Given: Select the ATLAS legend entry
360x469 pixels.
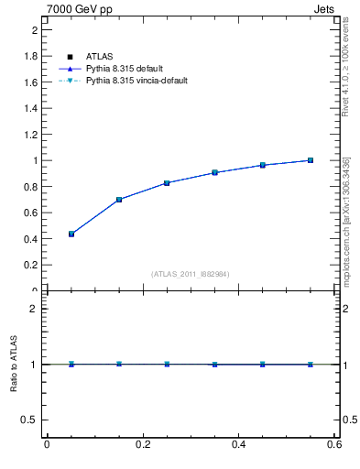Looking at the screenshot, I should click(x=99, y=57).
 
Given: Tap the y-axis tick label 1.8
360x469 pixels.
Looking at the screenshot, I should click(x=29, y=56).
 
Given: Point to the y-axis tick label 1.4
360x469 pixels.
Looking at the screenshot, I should click(x=29, y=108).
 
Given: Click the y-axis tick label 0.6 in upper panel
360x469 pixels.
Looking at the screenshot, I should click(x=29, y=213).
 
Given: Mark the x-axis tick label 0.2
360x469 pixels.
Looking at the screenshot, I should click(x=142, y=444).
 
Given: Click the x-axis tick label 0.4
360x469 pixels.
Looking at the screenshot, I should click(x=238, y=444).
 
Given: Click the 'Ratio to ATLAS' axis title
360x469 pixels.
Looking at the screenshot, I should click(x=13, y=364).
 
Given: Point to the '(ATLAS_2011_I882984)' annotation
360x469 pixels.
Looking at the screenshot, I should click(x=190, y=274).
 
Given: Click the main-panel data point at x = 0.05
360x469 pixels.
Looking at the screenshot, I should click(x=71, y=234).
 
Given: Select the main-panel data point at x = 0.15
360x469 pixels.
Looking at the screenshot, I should click(x=119, y=200).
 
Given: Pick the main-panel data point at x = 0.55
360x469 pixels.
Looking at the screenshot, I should click(x=311, y=160).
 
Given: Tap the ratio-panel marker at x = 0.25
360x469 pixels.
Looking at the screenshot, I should click(x=167, y=364).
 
